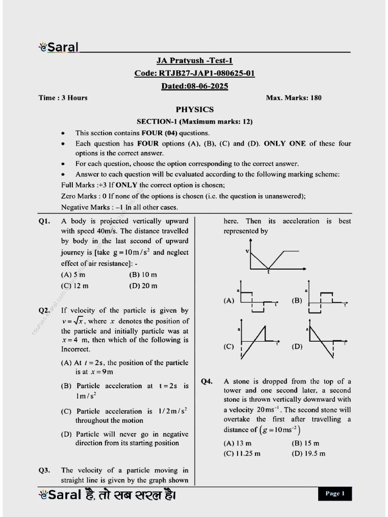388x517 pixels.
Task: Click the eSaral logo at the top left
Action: click(59, 47)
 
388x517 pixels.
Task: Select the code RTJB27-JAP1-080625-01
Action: click(195, 73)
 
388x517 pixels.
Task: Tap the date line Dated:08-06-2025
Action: click(195, 86)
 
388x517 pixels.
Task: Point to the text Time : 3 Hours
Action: click(63, 98)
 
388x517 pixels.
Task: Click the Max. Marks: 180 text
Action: click(294, 98)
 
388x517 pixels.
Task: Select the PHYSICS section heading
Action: click(195, 109)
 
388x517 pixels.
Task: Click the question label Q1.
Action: click(44, 221)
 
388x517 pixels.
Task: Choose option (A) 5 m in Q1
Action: click(73, 275)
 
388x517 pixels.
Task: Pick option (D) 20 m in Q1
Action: click(143, 286)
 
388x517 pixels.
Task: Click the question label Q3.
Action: click(44, 471)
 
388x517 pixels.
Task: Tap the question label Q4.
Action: click(207, 382)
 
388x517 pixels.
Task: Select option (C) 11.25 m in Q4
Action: click(242, 453)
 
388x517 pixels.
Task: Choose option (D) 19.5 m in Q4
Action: click(309, 453)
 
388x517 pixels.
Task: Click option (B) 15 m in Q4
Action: click(306, 443)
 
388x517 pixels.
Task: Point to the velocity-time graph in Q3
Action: click(273, 260)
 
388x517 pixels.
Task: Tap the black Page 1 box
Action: click(335, 493)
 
